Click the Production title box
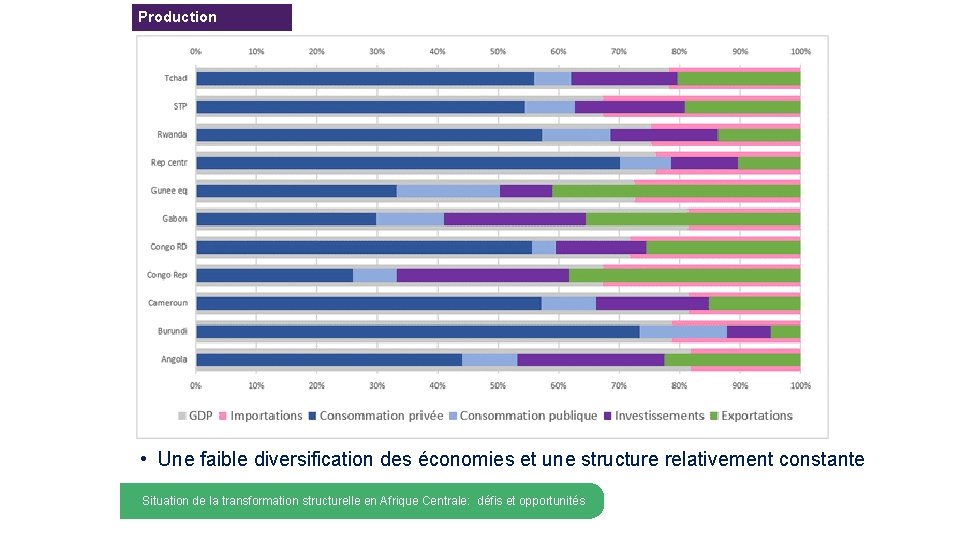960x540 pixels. (x=211, y=17)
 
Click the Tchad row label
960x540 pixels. (x=176, y=78)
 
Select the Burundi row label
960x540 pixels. (x=172, y=331)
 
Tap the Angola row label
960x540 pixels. (x=174, y=359)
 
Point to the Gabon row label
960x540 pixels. (x=175, y=218)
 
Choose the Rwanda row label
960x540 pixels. (x=172, y=134)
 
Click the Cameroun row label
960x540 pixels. (x=168, y=303)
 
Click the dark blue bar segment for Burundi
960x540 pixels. (x=417, y=332)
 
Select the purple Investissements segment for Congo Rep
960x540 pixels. (x=482, y=275)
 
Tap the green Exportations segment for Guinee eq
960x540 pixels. (x=675, y=191)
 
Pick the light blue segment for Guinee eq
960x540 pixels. (x=448, y=191)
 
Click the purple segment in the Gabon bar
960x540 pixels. (x=514, y=219)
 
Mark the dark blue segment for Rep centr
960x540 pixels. (x=407, y=163)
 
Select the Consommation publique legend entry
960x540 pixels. (x=528, y=416)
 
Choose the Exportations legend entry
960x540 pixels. (x=756, y=416)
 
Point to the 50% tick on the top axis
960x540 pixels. (x=497, y=51)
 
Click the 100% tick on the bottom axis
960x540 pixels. (x=800, y=384)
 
